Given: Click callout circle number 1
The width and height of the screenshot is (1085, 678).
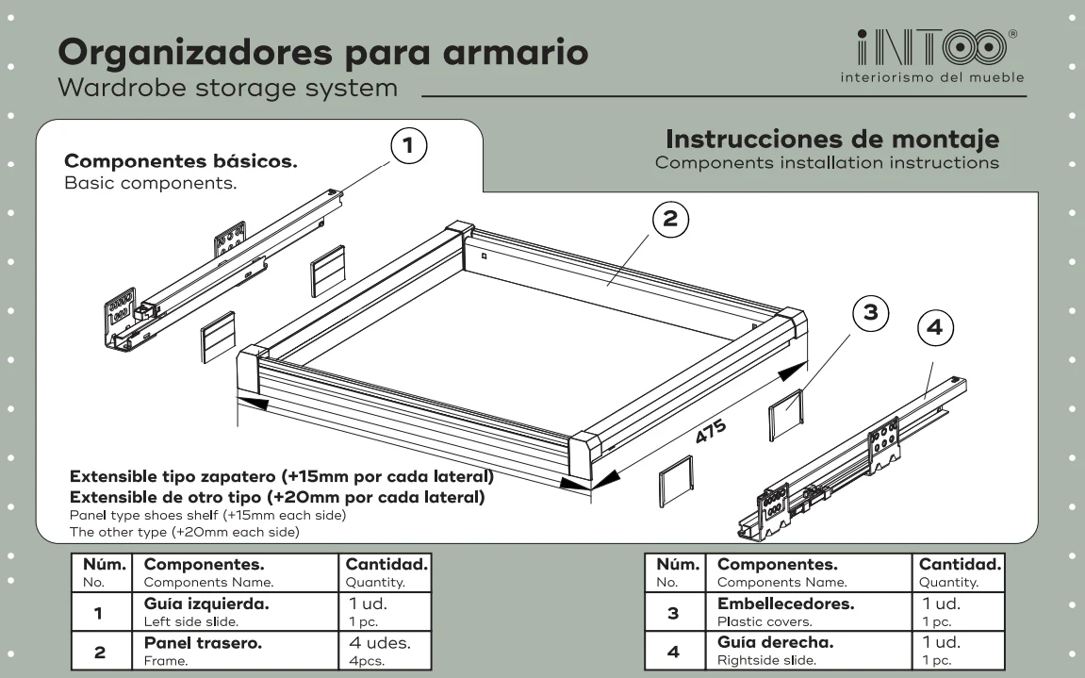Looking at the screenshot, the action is click(x=408, y=146).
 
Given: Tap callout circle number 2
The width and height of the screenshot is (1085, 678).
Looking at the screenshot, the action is click(x=670, y=219).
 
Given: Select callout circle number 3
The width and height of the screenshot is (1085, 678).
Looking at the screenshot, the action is click(x=870, y=313).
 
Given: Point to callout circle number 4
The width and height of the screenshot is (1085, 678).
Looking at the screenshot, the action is click(x=935, y=327).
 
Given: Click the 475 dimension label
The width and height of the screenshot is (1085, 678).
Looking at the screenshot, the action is click(x=711, y=432).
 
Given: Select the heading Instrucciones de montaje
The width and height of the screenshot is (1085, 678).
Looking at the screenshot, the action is click(x=832, y=140).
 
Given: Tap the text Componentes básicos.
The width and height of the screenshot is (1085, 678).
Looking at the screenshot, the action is click(x=181, y=160).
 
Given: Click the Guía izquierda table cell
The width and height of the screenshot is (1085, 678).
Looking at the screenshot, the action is click(x=236, y=611).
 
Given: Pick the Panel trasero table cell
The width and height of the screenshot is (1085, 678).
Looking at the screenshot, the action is click(x=236, y=651).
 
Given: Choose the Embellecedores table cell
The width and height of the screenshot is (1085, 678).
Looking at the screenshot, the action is click(x=808, y=611).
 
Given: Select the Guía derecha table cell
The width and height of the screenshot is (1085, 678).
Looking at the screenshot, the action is click(x=808, y=651).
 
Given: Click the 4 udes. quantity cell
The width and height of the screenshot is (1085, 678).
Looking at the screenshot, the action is click(x=385, y=651).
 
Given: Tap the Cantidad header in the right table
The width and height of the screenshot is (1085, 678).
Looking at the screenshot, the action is click(x=959, y=572).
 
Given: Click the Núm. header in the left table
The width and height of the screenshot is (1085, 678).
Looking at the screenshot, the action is click(x=102, y=572).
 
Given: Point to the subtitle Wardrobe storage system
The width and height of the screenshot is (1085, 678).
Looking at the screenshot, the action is click(x=228, y=89).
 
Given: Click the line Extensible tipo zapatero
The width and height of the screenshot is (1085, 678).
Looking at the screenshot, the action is click(x=282, y=476).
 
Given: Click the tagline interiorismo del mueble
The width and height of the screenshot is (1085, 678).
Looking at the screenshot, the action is click(x=932, y=77).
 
